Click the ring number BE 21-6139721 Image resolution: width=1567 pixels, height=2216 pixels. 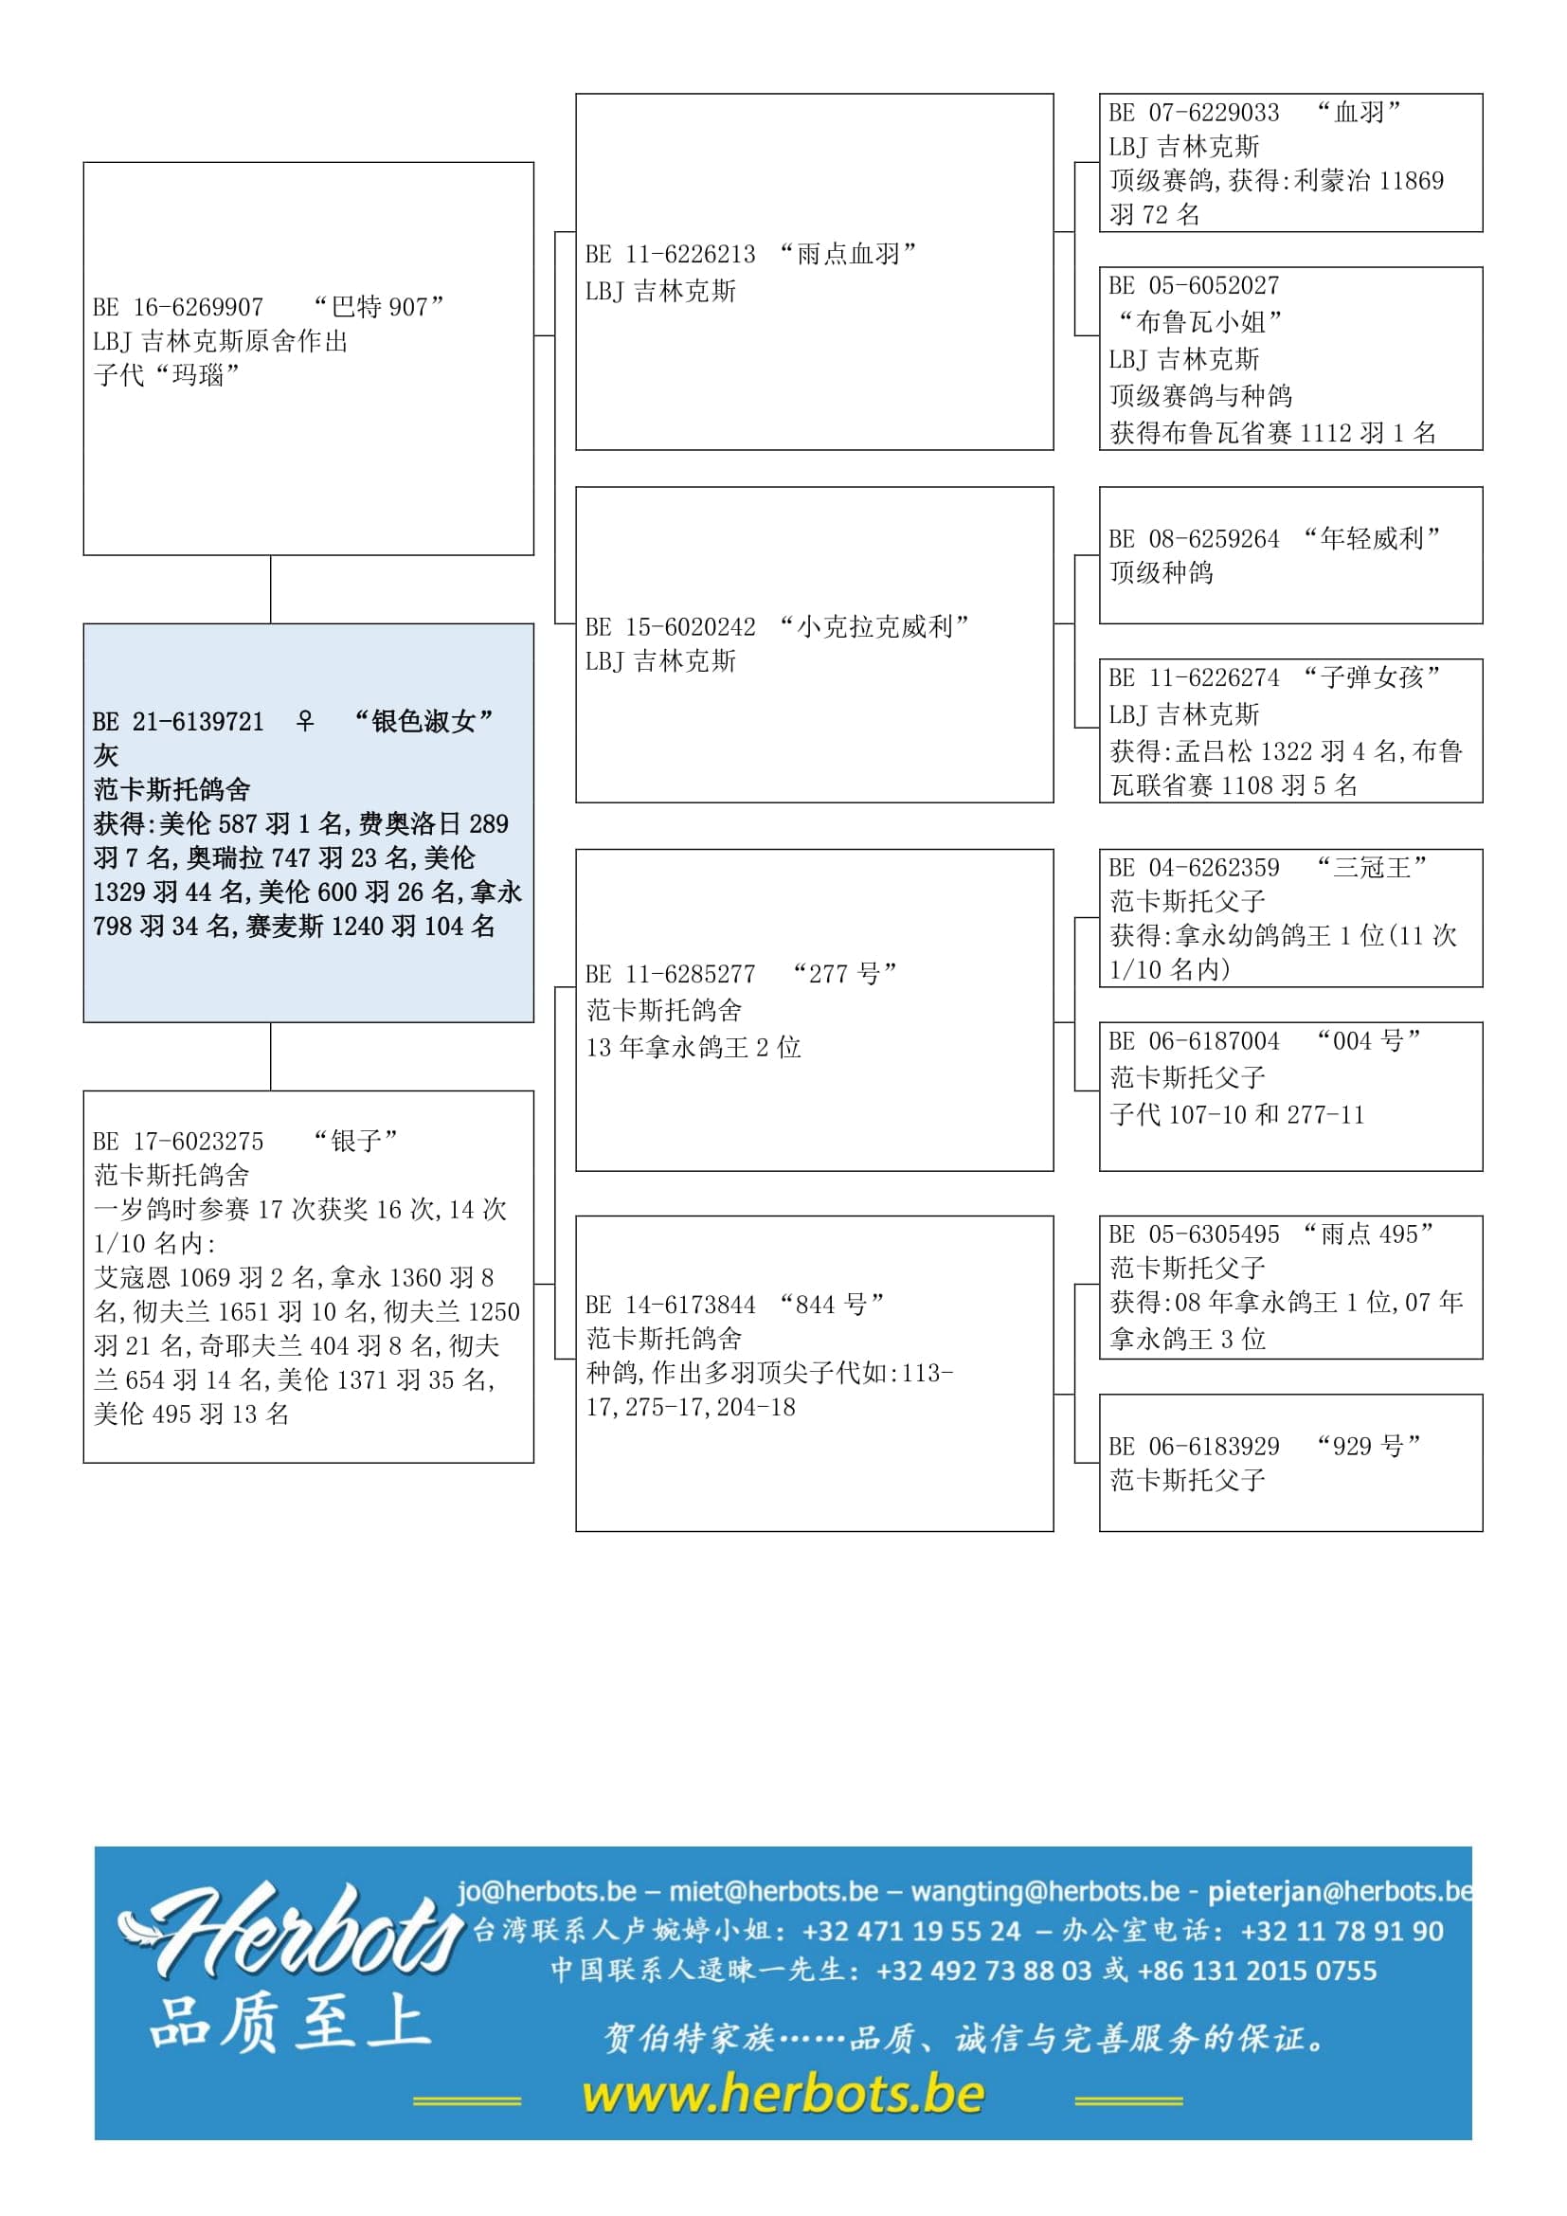click(x=178, y=722)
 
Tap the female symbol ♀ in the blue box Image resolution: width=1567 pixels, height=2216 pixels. click(x=305, y=721)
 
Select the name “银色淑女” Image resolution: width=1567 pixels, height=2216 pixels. click(x=423, y=721)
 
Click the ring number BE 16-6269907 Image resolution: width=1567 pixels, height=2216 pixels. click(x=178, y=308)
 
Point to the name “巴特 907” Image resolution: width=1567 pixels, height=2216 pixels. click(x=379, y=308)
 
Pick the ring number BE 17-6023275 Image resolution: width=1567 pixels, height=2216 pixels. click(x=178, y=1142)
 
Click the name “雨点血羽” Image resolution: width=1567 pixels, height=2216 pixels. click(x=848, y=255)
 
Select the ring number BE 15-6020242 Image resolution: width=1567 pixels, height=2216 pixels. click(x=671, y=627)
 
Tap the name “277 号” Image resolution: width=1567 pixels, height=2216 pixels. click(x=845, y=974)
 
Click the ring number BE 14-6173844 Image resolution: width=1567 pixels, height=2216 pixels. click(x=671, y=1305)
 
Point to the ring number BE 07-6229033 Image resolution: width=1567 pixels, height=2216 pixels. click(x=1195, y=113)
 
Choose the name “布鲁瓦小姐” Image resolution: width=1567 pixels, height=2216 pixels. click(x=1199, y=321)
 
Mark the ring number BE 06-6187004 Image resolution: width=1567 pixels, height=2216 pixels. click(x=1195, y=1041)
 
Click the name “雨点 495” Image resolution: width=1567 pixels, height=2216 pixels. click(x=1368, y=1234)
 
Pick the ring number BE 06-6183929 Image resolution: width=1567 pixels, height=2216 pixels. click(x=1195, y=1447)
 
